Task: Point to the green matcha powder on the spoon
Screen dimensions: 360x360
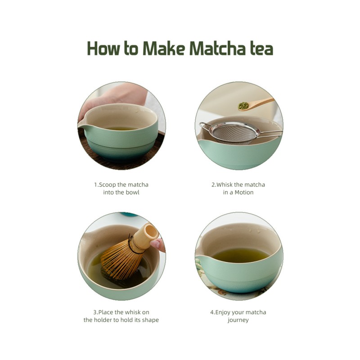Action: tap(243, 106)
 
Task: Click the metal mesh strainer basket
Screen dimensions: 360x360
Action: tap(234, 133)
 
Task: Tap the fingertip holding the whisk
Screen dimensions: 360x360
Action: tap(157, 245)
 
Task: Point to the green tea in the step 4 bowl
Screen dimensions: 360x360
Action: tap(240, 256)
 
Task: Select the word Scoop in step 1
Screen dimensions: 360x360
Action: tap(107, 184)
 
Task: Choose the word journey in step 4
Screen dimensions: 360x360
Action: tap(238, 320)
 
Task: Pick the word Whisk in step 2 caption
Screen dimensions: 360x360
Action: tap(225, 184)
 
